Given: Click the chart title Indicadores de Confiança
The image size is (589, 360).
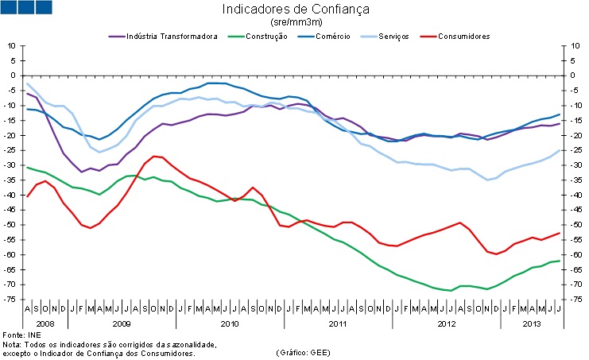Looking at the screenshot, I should click(x=296, y=10).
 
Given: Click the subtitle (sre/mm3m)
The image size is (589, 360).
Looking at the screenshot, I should click(x=295, y=24).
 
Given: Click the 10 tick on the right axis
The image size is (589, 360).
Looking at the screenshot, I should click(x=568, y=45).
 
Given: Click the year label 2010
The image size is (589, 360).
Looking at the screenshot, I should click(x=229, y=324).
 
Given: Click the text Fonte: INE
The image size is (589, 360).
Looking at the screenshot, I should click(x=23, y=336).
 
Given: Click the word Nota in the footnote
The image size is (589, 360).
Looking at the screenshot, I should click(x=12, y=344).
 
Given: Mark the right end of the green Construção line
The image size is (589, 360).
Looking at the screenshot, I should click(x=560, y=261).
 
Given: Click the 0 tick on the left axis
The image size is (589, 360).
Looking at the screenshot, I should click(x=14, y=75).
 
